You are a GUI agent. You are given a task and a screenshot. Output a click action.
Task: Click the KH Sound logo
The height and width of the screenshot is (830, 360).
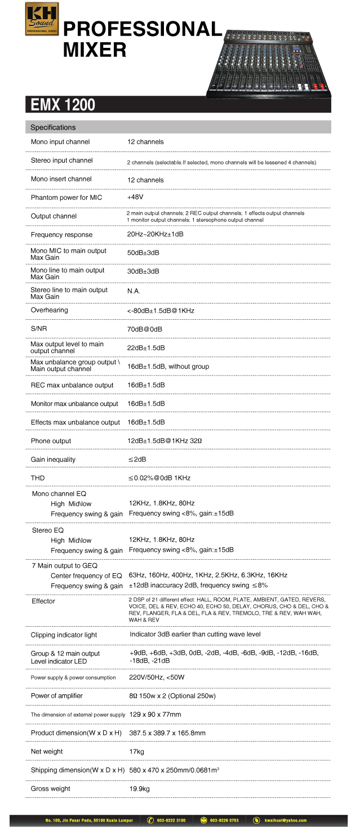[42, 19]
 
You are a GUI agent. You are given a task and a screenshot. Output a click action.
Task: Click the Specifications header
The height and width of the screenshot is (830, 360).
[53, 127]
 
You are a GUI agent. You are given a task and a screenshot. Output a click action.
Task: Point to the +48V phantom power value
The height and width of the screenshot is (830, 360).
[135, 198]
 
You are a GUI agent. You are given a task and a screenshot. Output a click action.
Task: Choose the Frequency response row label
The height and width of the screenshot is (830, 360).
[61, 234]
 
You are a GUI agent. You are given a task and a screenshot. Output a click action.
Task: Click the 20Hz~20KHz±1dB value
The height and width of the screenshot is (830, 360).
[155, 234]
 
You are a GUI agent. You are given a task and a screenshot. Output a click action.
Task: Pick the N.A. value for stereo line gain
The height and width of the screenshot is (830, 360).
[134, 291]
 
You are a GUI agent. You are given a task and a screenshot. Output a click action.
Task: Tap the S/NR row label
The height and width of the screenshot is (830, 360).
[39, 328]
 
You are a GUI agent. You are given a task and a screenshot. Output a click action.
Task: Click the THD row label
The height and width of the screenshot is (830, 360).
[38, 478]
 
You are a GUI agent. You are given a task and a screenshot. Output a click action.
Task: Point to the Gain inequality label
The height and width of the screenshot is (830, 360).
[53, 459]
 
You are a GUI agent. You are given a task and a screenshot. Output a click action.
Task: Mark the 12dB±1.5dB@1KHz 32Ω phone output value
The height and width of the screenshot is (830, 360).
[165, 441]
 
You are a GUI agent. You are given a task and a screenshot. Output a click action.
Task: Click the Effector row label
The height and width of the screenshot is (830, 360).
[43, 601]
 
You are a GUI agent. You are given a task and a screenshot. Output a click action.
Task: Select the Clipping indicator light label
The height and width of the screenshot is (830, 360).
[64, 635]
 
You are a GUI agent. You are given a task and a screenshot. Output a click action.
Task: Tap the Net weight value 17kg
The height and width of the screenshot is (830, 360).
[137, 751]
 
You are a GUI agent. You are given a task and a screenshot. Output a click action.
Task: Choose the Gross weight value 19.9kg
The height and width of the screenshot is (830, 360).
[139, 788]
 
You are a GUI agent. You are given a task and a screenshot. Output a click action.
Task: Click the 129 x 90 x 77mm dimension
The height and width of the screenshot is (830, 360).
[155, 714]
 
